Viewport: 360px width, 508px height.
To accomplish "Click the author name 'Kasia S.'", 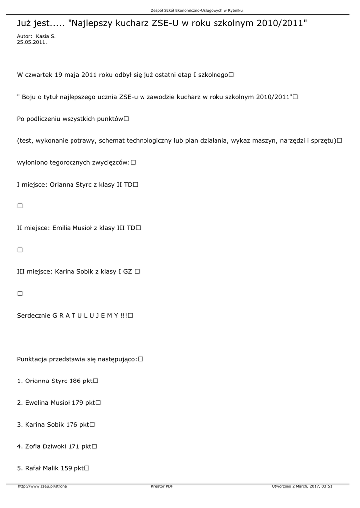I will click(46, 37).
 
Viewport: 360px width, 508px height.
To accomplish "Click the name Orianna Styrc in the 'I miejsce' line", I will click(72, 184).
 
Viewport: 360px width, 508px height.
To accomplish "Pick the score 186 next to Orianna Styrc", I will click(75, 381).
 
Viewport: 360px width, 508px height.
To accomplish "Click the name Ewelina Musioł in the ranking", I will click(47, 403).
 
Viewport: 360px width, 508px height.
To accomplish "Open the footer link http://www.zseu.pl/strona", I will click(42, 486).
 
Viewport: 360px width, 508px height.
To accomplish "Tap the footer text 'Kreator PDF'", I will click(162, 486).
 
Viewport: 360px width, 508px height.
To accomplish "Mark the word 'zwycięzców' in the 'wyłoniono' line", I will click(110, 162).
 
